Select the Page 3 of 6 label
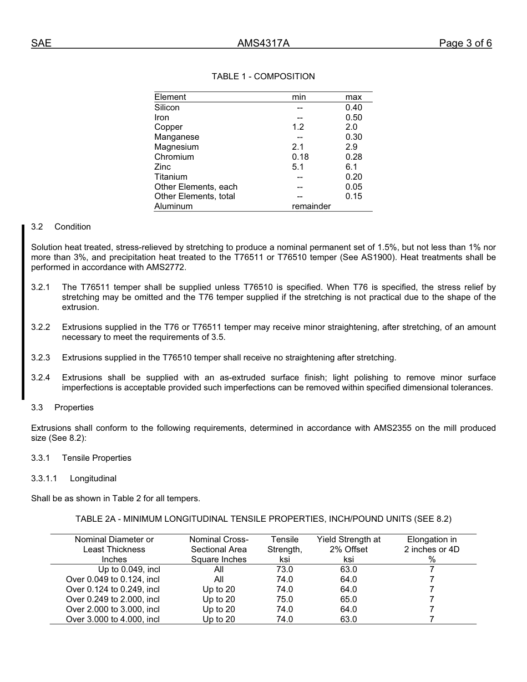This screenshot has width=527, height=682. [465, 44]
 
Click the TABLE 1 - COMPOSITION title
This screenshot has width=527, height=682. [263, 77]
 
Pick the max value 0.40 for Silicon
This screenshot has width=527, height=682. [353, 108]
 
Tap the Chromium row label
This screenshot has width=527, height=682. [174, 157]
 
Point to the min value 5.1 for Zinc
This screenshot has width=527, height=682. [298, 167]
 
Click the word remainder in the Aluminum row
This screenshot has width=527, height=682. [311, 206]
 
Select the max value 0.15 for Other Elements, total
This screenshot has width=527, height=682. [353, 196]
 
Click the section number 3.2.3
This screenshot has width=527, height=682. [40, 358]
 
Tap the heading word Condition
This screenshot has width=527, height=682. [73, 227]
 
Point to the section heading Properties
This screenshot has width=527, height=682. [74, 408]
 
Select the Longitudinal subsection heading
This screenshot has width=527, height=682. [93, 479]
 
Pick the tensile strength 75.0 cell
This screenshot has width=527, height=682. [285, 599]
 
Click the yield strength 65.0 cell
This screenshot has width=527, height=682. [348, 599]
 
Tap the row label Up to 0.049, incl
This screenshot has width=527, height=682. [129, 569]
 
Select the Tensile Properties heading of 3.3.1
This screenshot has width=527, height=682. [97, 458]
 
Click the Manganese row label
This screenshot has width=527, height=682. [176, 137]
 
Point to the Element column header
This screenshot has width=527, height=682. [170, 97]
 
